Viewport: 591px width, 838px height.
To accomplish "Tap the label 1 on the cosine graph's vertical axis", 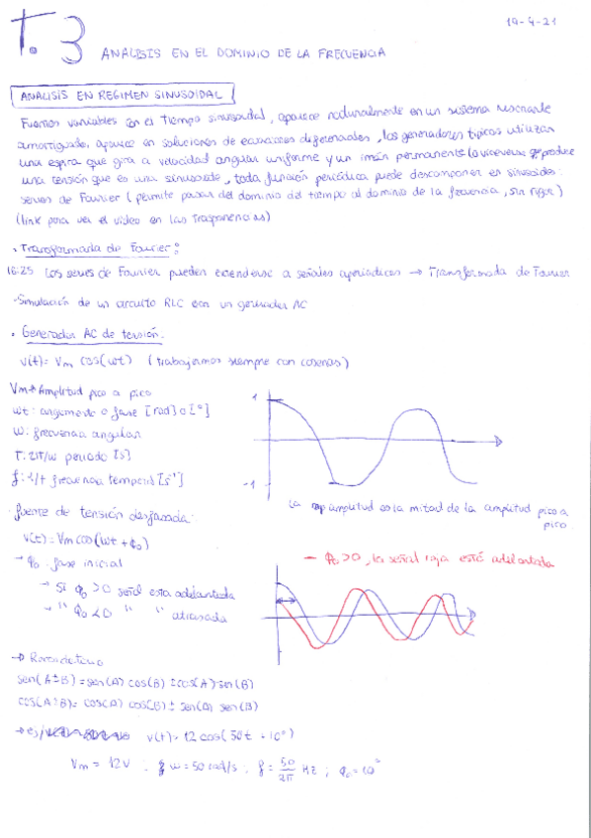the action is (256, 397).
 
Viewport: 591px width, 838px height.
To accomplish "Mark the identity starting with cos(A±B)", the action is (138, 706).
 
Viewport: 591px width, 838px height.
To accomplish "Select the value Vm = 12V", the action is (95, 764).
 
